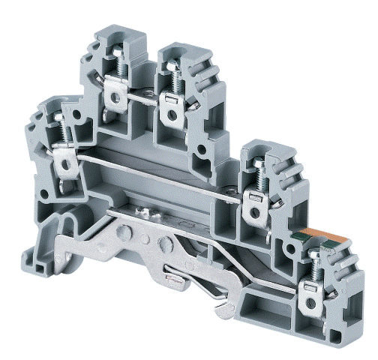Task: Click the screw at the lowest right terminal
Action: [x=310, y=264]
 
